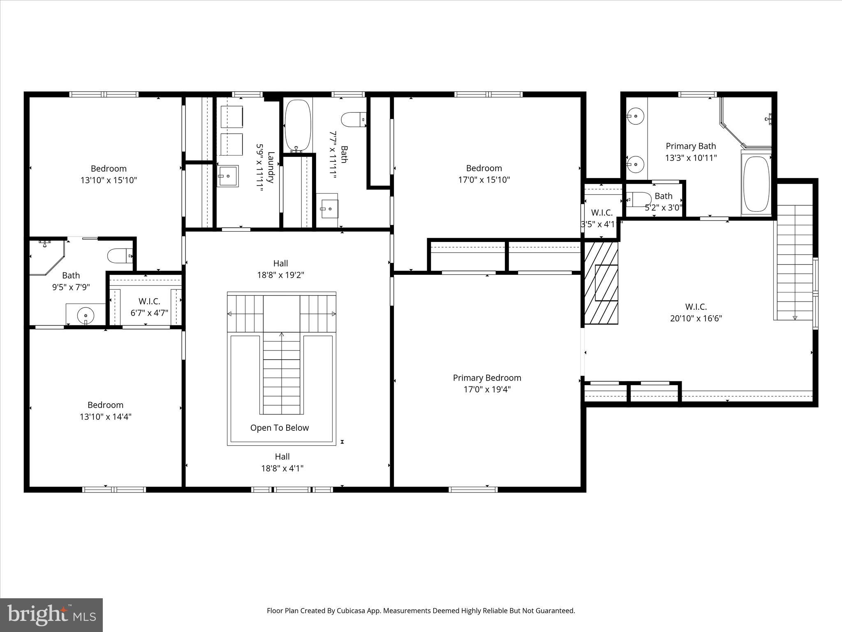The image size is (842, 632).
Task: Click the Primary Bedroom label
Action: click(487, 378)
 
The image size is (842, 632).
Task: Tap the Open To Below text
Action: click(280, 428)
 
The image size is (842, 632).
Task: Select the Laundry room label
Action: click(271, 167)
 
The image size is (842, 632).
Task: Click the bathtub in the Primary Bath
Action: click(756, 184)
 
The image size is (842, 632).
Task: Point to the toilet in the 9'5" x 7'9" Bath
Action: click(120, 256)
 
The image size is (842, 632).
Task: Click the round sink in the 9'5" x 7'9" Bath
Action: click(86, 316)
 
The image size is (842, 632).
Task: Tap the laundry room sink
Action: click(228, 176)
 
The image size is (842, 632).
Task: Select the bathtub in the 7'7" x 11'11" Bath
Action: click(298, 125)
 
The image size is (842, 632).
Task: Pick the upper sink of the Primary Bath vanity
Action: click(636, 116)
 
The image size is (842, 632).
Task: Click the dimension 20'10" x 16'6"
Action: click(696, 318)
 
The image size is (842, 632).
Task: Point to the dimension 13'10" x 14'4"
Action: click(105, 416)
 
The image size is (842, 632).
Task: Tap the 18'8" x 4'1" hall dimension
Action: click(282, 468)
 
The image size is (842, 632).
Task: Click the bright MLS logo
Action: click(51, 614)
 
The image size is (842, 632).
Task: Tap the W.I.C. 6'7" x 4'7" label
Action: click(149, 307)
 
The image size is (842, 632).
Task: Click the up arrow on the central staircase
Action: click(282, 335)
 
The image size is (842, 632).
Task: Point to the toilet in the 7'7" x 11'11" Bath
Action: click(353, 120)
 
